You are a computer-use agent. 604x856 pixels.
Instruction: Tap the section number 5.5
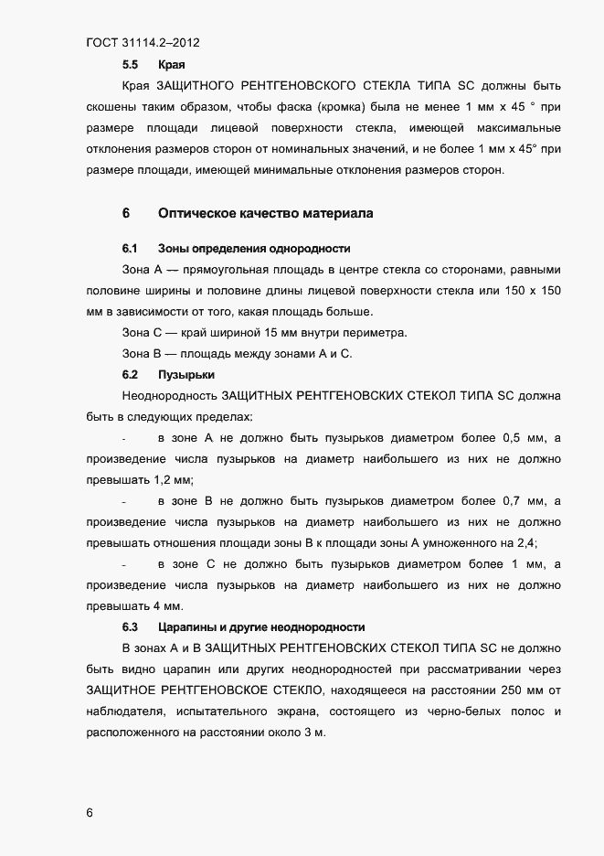pos(130,66)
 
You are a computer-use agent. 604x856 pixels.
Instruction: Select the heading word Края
pos(172,66)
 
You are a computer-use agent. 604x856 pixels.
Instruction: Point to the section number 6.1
pos(130,249)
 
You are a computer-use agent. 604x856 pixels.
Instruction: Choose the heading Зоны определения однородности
pos(254,249)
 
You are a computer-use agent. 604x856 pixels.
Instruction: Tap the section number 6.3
pos(130,627)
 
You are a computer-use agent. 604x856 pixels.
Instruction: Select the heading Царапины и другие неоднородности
pos(260,627)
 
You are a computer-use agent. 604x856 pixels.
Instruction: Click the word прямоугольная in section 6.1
pos(221,270)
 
